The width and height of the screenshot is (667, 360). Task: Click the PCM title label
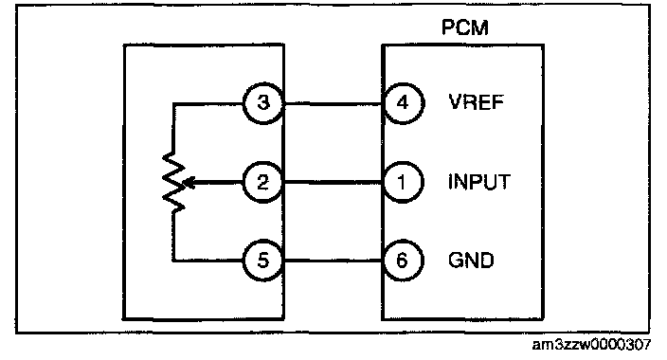coord(465,27)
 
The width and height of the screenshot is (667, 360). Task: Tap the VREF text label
coord(477,102)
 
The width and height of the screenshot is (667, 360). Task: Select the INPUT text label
coord(479,182)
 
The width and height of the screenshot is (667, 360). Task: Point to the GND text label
coord(471,260)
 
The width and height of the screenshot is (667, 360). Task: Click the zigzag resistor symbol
coord(174,182)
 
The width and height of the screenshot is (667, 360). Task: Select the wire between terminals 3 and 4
coord(333,103)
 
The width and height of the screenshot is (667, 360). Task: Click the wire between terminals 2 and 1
coord(333,183)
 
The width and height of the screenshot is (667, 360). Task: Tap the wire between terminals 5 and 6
coord(333,260)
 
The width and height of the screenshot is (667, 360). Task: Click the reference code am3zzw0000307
coord(591,345)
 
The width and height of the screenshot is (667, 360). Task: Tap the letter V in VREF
coord(455,102)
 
